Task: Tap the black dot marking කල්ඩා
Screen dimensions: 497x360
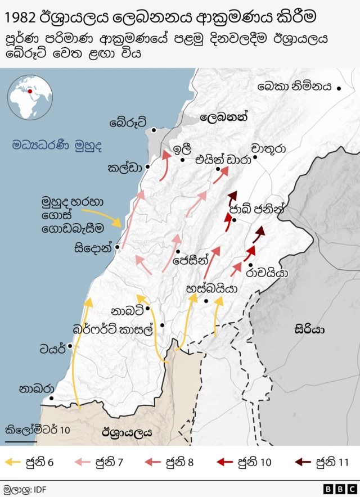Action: [147, 167]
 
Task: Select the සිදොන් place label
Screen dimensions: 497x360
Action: [93, 248]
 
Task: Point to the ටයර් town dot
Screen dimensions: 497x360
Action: [70, 346]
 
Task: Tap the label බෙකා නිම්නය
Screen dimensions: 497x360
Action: [295, 87]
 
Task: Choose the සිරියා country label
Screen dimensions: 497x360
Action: [309, 330]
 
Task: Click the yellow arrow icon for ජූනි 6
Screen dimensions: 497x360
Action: [12, 463]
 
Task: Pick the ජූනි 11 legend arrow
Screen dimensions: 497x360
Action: [303, 463]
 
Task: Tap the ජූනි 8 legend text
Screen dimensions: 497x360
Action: [179, 463]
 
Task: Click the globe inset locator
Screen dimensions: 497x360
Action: [30, 97]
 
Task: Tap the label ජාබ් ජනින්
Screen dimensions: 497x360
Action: [258, 209]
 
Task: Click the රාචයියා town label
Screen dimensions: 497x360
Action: [267, 273]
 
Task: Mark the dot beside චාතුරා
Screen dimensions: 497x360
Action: [255, 157]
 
